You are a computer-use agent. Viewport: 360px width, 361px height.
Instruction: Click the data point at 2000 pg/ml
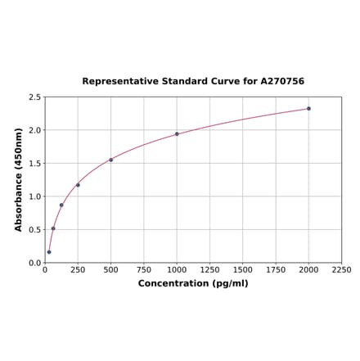308,108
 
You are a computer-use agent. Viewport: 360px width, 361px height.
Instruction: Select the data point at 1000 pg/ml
177,134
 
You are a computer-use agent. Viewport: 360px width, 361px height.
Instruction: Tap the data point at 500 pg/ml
110,160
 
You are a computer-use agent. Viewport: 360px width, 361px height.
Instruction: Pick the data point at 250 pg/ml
78,185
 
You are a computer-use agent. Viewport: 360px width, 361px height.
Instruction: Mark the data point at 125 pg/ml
61,205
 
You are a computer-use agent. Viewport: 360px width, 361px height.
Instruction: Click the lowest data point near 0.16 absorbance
49,252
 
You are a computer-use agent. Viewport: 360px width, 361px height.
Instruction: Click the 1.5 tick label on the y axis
35,164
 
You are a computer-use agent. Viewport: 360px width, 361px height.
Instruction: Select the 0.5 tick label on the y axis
35,230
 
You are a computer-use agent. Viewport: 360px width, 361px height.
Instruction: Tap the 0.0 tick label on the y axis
35,263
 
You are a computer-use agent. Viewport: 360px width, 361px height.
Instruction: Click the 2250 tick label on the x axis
341,270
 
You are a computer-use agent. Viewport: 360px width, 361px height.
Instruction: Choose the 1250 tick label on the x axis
209,270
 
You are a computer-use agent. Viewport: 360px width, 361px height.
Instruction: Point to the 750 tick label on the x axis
144,270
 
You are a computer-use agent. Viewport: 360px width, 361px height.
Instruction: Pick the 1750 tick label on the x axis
276,270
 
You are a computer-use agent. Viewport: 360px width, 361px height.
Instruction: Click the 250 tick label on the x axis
78,270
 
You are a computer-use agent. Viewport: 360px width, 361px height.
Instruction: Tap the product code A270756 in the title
282,82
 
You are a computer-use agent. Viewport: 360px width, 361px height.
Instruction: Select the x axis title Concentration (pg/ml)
193,283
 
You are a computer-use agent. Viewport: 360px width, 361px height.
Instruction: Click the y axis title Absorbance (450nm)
19,179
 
